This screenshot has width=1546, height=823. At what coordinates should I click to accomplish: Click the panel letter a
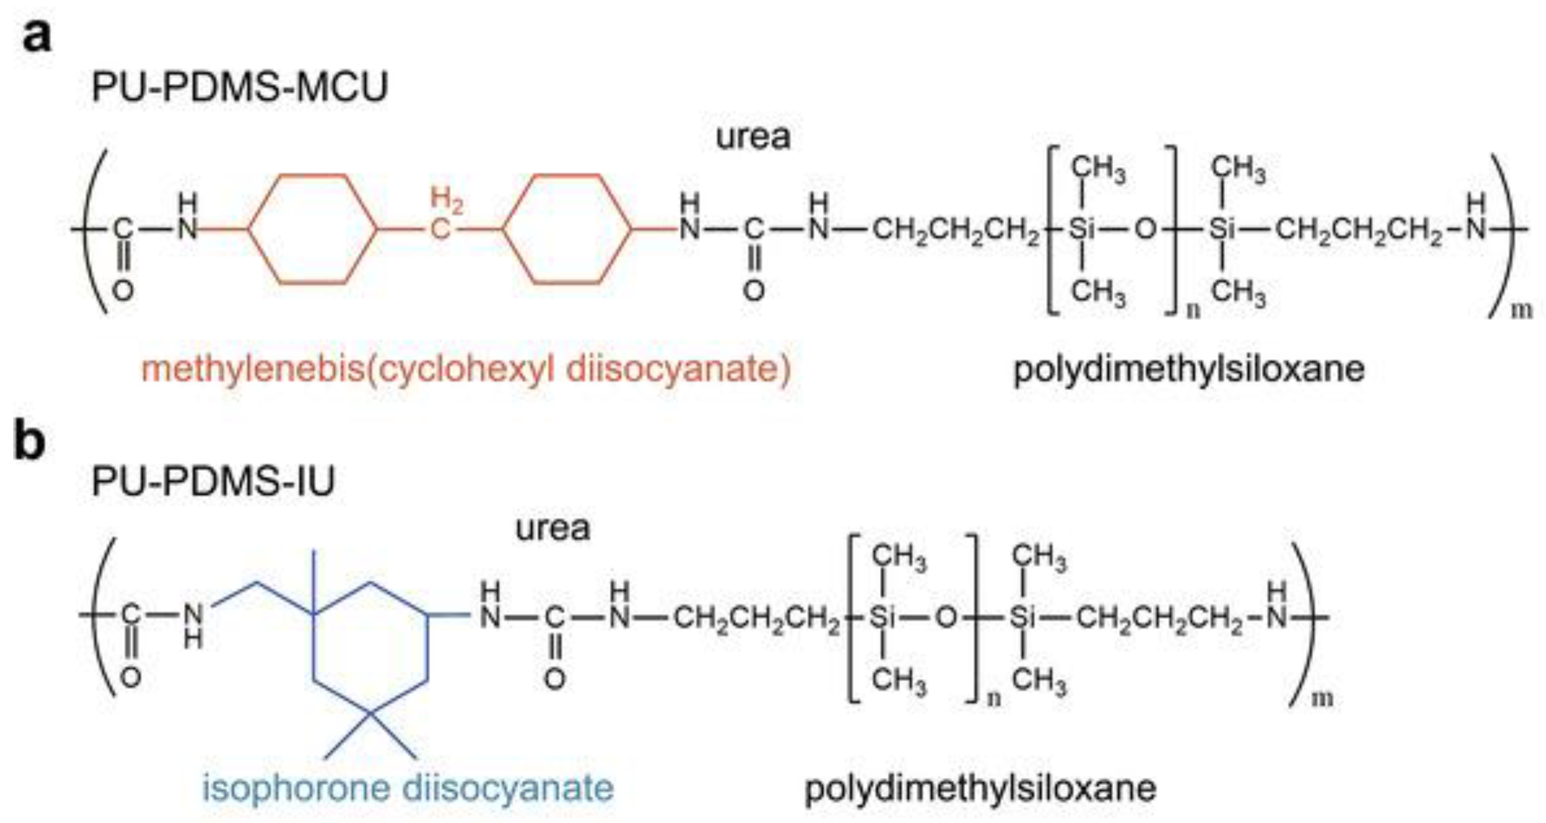(x=37, y=36)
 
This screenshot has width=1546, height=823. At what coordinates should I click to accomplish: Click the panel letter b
(x=30, y=441)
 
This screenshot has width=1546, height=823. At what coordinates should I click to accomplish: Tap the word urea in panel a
(x=753, y=137)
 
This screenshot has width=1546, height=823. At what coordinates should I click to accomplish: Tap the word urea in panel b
(x=552, y=528)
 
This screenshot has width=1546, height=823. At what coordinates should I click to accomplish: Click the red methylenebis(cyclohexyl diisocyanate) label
(x=466, y=368)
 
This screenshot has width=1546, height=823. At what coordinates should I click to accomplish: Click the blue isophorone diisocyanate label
(x=408, y=787)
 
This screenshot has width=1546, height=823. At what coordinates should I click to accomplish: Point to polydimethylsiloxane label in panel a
(x=1188, y=368)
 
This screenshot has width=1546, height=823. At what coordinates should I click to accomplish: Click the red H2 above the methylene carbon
(x=447, y=200)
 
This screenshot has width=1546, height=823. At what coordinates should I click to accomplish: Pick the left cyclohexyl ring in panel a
(x=313, y=228)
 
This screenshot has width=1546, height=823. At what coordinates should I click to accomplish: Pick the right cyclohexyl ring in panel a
(x=567, y=228)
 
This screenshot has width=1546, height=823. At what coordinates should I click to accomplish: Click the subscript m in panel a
(x=1520, y=311)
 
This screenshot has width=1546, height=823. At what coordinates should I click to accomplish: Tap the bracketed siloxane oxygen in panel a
(x=1145, y=228)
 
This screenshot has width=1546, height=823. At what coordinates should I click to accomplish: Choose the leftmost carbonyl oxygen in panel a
(x=123, y=291)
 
